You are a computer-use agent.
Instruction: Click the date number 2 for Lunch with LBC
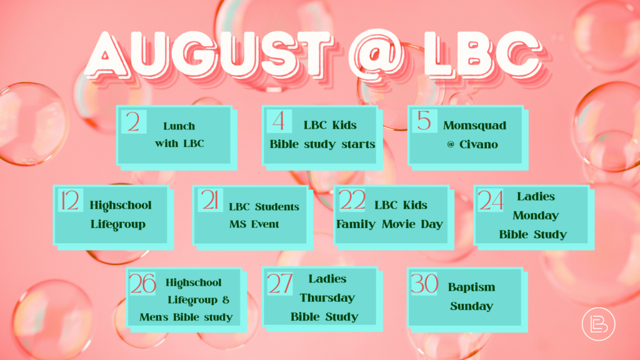(x=133, y=122)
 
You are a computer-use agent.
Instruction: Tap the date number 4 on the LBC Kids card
(x=278, y=121)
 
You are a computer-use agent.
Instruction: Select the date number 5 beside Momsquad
(x=424, y=121)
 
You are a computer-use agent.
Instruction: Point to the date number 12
(x=70, y=201)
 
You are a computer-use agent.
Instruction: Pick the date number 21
(x=210, y=201)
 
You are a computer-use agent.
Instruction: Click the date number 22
(x=352, y=200)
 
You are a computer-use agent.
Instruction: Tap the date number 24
(x=490, y=201)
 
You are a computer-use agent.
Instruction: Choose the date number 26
(x=142, y=284)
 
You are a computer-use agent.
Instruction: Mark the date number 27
(x=280, y=284)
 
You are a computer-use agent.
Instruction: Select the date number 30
(x=424, y=283)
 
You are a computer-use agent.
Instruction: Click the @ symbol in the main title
(x=376, y=55)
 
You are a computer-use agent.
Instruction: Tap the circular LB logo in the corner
(x=598, y=324)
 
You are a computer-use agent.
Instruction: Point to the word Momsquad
(x=475, y=125)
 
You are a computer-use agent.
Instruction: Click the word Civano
(x=478, y=144)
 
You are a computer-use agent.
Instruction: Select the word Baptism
(x=471, y=287)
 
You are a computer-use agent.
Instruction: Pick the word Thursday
(x=327, y=298)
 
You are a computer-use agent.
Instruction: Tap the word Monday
(x=536, y=216)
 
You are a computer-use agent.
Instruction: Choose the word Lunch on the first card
(x=179, y=126)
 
